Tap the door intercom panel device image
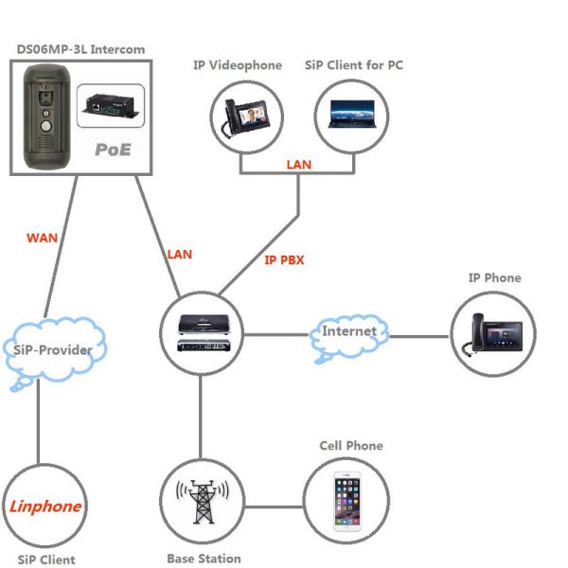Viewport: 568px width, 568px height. coord(44,116)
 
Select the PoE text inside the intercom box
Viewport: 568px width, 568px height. coord(113,150)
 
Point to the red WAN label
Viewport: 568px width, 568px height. coord(43,238)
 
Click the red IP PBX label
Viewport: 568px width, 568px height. coord(284,259)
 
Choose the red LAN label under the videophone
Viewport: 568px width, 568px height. coord(298,165)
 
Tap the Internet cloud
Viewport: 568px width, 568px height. coord(349,332)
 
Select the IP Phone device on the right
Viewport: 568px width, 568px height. coord(493,335)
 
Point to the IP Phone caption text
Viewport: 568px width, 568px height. coord(494,278)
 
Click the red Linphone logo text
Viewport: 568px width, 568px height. coord(44,506)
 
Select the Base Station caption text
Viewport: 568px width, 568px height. coord(204,559)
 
